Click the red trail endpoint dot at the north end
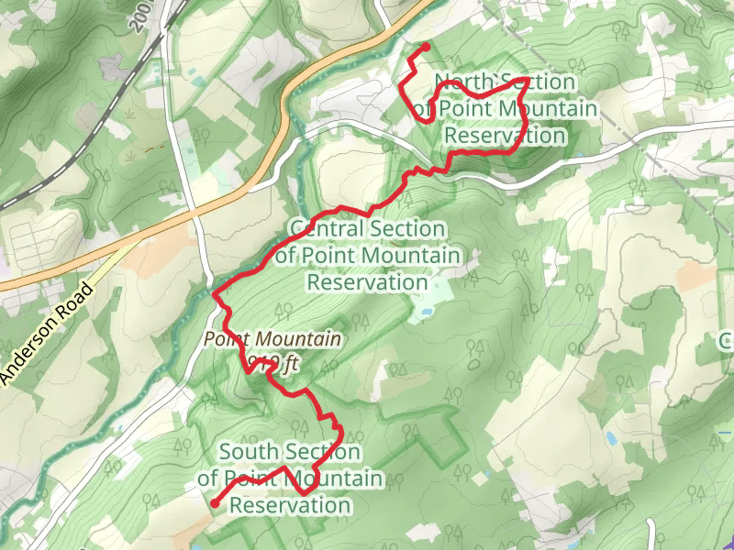(x=426, y=47)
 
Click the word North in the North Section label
(x=462, y=82)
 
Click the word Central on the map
(x=327, y=228)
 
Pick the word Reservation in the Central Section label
(x=367, y=281)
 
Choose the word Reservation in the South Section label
(x=290, y=505)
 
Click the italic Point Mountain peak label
(x=272, y=339)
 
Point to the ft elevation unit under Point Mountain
(x=290, y=364)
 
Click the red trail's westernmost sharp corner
(x=215, y=294)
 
